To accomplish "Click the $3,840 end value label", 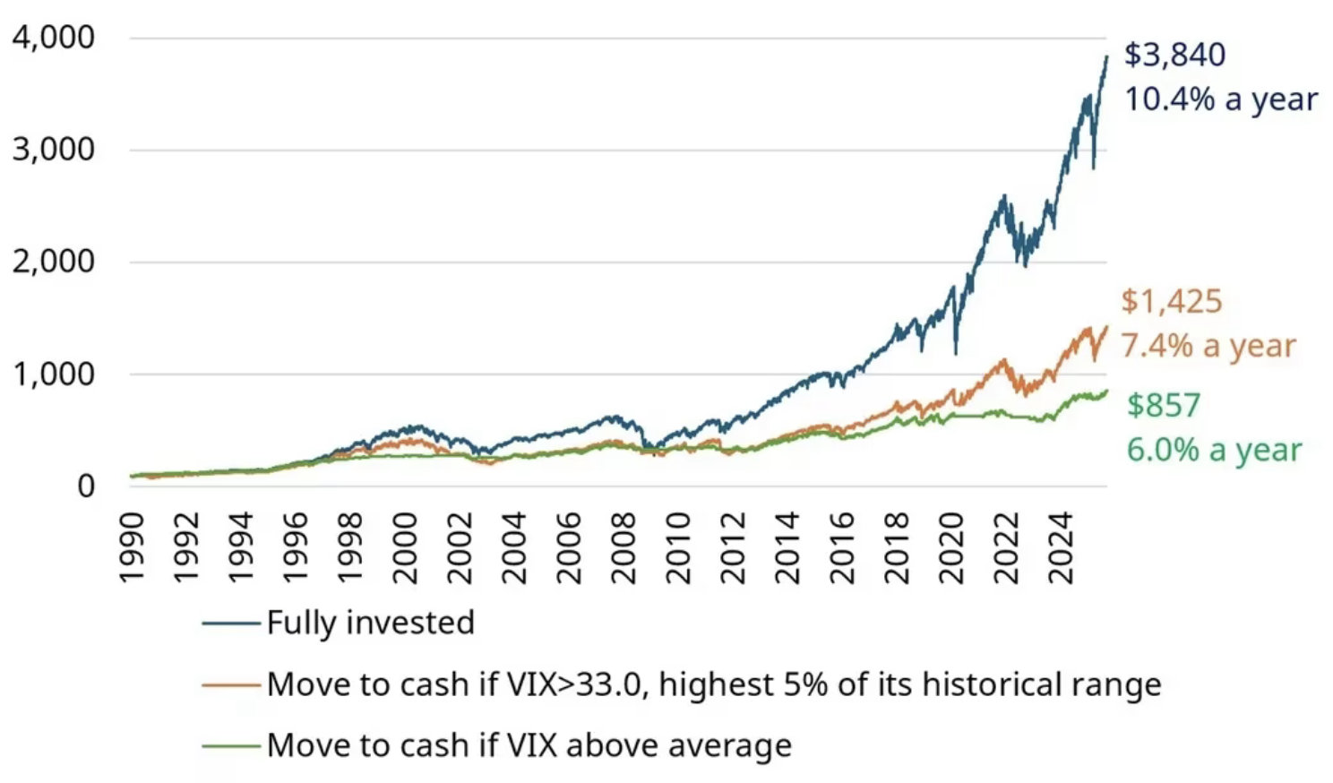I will pyautogui.click(x=1174, y=55).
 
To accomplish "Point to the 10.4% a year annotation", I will pyautogui.click(x=1221, y=99).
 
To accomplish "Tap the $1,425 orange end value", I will pyautogui.click(x=1172, y=302).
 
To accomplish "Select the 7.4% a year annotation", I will pyautogui.click(x=1208, y=346).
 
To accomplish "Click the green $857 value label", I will pyautogui.click(x=1164, y=405).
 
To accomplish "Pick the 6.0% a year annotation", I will pyautogui.click(x=1214, y=450).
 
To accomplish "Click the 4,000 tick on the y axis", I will pyautogui.click(x=53, y=38).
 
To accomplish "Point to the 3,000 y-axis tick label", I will pyautogui.click(x=53, y=150).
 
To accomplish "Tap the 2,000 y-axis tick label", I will pyautogui.click(x=53, y=262).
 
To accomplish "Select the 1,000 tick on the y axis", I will pyautogui.click(x=53, y=374).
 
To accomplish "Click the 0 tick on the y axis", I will pyautogui.click(x=86, y=486).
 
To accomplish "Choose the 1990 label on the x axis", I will pyautogui.click(x=132, y=547).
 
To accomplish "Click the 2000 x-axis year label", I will pyautogui.click(x=405, y=547).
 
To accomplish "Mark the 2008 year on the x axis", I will pyautogui.click(x=623, y=547).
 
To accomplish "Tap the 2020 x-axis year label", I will pyautogui.click(x=951, y=547).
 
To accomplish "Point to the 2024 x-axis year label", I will pyautogui.click(x=1061, y=547).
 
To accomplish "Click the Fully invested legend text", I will pyautogui.click(x=370, y=623).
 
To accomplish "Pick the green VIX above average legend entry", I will pyautogui.click(x=529, y=745).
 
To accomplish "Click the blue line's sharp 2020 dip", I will pyautogui.click(x=956, y=351).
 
